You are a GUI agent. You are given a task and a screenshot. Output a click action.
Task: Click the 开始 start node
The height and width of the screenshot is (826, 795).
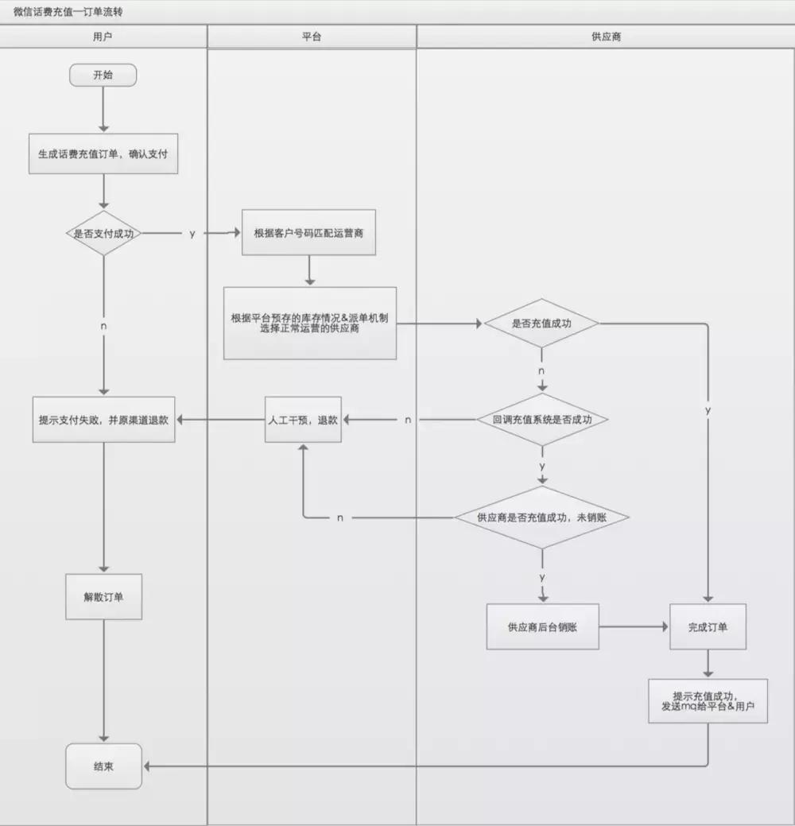pyautogui.click(x=103, y=76)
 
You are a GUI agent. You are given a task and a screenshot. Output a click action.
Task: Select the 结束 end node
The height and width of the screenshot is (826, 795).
pyautogui.click(x=103, y=766)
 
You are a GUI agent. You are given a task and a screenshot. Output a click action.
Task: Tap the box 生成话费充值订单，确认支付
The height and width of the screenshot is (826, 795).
pyautogui.click(x=103, y=155)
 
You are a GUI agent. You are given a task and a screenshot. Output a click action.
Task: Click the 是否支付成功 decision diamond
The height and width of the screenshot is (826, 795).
pyautogui.click(x=103, y=234)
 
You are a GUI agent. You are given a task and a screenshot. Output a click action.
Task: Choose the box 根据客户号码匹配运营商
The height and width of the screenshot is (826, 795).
pyautogui.click(x=308, y=234)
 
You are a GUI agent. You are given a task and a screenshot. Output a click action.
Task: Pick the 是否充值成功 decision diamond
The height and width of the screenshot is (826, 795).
pyautogui.click(x=542, y=324)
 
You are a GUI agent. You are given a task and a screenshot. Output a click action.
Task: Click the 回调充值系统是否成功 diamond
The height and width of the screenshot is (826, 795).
pyautogui.click(x=542, y=420)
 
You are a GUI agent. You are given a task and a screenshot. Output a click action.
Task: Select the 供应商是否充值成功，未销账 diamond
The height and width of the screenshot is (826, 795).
pyautogui.click(x=542, y=518)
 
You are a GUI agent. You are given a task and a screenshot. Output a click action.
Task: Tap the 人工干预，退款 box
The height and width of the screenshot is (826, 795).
pyautogui.click(x=303, y=420)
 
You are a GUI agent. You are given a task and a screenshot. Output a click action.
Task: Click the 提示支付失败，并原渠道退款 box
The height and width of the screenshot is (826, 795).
pyautogui.click(x=103, y=420)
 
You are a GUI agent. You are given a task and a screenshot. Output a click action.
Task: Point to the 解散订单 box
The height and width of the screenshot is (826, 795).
pyautogui.click(x=103, y=597)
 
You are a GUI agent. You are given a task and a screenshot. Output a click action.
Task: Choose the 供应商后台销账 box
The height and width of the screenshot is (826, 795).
pyautogui.click(x=542, y=627)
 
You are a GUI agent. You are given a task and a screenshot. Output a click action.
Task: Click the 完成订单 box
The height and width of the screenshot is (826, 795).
pyautogui.click(x=708, y=627)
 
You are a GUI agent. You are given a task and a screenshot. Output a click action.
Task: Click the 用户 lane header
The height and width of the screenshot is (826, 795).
pyautogui.click(x=103, y=37)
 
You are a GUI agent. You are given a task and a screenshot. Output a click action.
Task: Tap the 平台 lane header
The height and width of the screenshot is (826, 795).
pyautogui.click(x=312, y=37)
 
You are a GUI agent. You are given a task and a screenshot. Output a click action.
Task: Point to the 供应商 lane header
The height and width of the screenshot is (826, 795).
pyautogui.click(x=606, y=37)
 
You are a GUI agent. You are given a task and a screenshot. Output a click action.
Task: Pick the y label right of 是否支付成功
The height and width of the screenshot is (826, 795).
pyautogui.click(x=192, y=234)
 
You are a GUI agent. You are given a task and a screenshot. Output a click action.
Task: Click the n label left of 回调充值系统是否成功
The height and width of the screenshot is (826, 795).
pyautogui.click(x=408, y=420)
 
